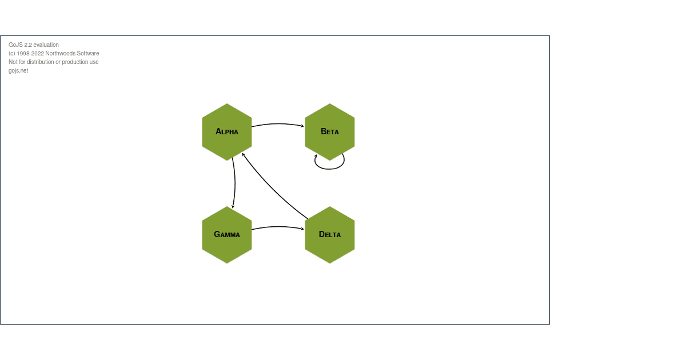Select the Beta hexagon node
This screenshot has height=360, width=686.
[330, 143]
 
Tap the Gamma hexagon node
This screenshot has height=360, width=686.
[227, 246]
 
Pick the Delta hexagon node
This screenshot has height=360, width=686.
[330, 246]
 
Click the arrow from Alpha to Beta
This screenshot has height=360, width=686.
[278, 123]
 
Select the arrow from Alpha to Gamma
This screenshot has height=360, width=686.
[235, 183]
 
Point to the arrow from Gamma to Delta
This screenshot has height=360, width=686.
[278, 227]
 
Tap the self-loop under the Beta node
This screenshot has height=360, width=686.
[330, 169]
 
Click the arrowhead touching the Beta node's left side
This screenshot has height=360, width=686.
[302, 126]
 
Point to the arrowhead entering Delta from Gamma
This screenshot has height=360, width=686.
[302, 229]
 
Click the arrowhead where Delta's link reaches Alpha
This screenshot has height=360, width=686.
[244, 154]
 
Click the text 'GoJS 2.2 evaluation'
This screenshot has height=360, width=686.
[33, 45]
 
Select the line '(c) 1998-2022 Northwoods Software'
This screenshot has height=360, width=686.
[54, 53]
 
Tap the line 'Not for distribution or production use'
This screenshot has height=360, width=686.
[53, 62]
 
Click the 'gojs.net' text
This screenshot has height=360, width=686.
[18, 70]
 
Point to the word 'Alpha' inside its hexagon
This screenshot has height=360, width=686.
[227, 131]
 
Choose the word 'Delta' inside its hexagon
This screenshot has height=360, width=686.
[330, 234]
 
